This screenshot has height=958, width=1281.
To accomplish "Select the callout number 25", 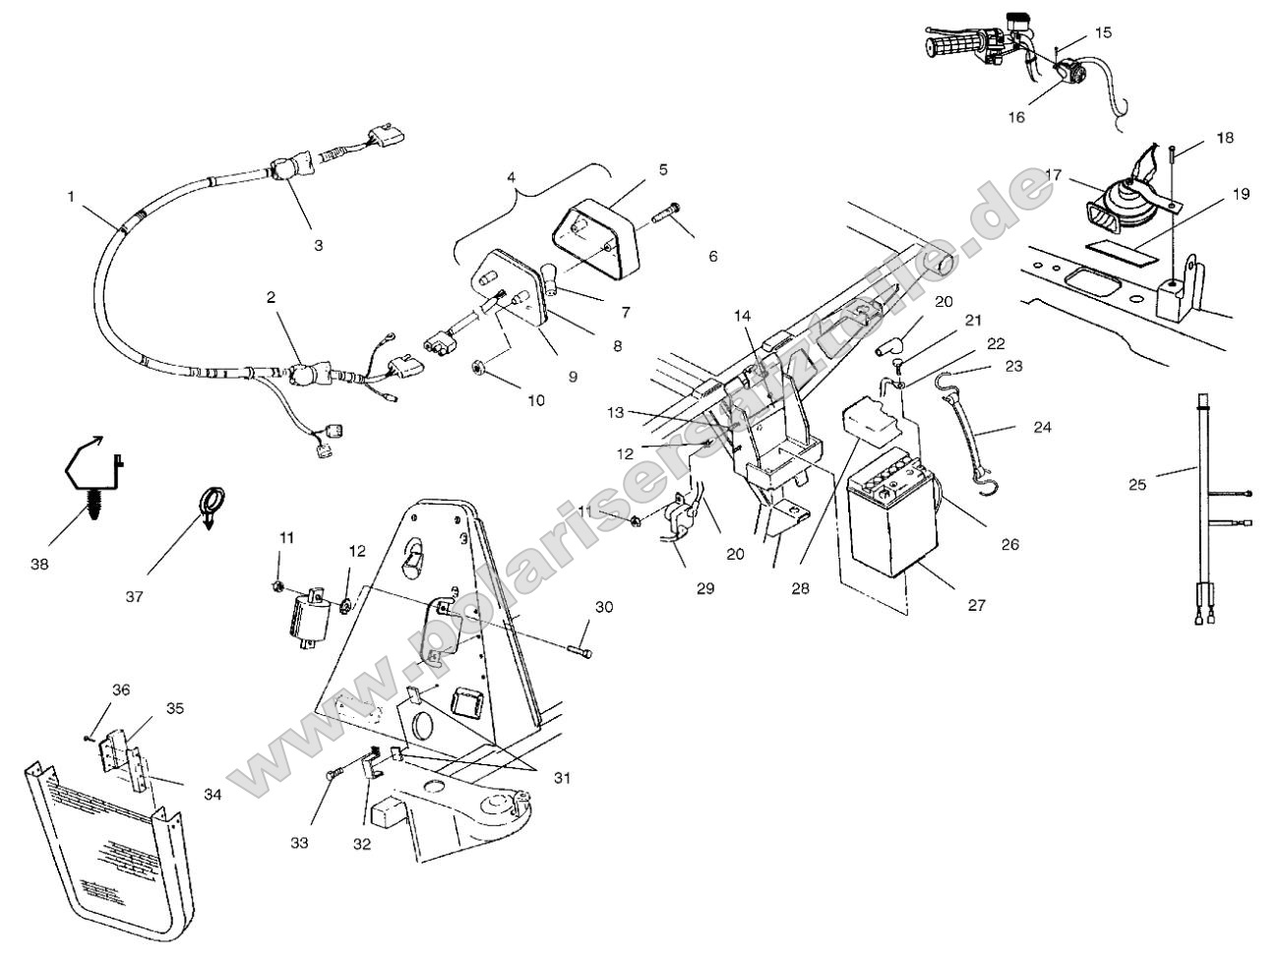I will pos(1138,484).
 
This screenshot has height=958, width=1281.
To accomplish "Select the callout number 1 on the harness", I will pos(71,197).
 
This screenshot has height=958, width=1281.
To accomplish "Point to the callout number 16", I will pos(1016,117).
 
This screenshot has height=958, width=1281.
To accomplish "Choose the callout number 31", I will pos(561,777).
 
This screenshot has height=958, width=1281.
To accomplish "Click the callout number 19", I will pos(1241,193).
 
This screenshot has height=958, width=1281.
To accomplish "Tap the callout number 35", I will pos(175,707).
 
